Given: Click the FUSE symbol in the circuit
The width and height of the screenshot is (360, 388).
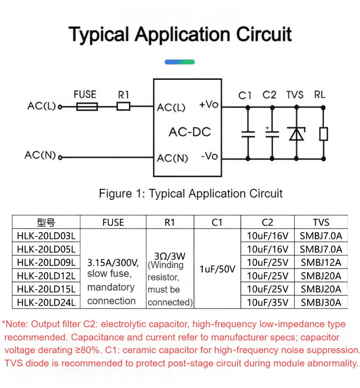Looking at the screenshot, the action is click(x=87, y=107).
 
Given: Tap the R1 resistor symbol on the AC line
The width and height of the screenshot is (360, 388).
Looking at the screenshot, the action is click(x=123, y=106).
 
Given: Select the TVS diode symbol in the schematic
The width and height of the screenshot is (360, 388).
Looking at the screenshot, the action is click(x=297, y=134).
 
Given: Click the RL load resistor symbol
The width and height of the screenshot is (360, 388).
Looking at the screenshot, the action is click(x=324, y=134).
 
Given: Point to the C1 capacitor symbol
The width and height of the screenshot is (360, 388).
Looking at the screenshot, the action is click(x=248, y=134).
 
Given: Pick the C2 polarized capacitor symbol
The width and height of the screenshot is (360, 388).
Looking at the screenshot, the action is click(x=272, y=133).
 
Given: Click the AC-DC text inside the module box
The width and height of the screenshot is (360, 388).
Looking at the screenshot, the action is click(x=190, y=132).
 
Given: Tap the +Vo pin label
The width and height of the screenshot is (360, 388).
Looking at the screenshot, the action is click(x=209, y=104).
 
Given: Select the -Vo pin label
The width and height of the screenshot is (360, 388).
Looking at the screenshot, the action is click(x=210, y=156).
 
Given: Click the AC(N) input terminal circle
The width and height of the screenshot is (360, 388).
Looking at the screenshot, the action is click(x=60, y=157).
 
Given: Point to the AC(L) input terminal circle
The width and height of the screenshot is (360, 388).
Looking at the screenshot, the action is click(x=60, y=107).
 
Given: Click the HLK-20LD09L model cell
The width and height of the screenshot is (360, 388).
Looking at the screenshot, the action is click(x=46, y=262).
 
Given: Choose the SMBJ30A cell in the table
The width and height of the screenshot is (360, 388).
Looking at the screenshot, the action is click(x=321, y=302).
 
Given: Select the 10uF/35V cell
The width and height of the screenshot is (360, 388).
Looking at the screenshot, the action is click(x=267, y=302).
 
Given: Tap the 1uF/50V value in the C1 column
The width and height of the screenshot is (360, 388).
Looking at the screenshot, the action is click(x=217, y=269).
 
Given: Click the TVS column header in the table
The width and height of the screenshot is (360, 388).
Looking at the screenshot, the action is click(x=321, y=222).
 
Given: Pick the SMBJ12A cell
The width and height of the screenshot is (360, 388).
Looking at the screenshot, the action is click(x=321, y=262).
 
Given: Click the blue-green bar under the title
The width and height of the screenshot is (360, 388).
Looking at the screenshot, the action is click(x=180, y=62).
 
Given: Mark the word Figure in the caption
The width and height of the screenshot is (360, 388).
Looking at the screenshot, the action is click(x=115, y=193).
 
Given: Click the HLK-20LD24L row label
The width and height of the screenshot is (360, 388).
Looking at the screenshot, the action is click(x=46, y=302).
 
